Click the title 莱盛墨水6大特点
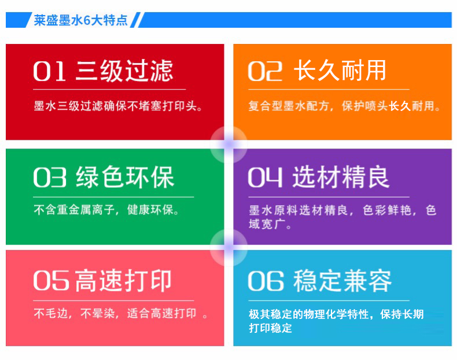pos(81,20)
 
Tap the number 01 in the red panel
pos(49,71)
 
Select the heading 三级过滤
pos(124,70)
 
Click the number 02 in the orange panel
pos(265,71)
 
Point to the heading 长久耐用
pos(340,70)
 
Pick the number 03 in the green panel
pos(50,177)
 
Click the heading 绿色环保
pos(125,177)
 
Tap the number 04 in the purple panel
pos(265,177)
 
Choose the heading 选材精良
pos(341,177)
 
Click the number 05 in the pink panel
pos(51,281)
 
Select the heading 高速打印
pos(123,281)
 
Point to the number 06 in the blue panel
pos(266,281)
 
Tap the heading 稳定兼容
pos(342,281)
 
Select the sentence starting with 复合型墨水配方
pos(344,106)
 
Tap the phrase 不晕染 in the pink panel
pos(97,313)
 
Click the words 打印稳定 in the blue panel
pos(270,328)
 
